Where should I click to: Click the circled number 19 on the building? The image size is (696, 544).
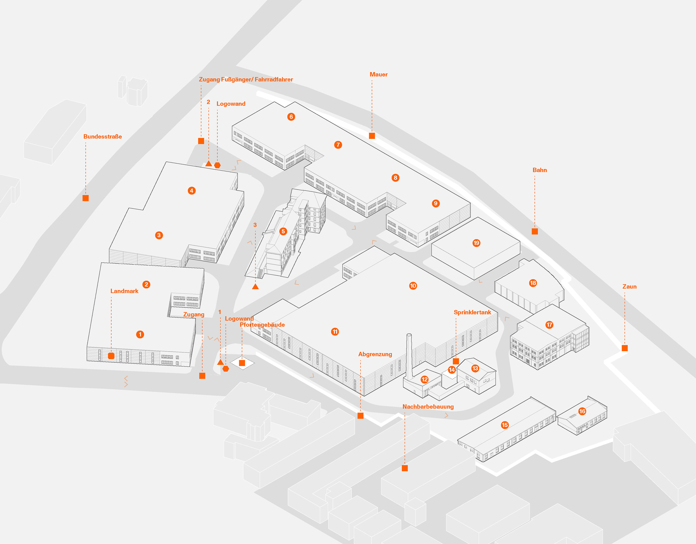pyautogui.click(x=476, y=243)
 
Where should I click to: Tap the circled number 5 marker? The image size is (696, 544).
pyautogui.click(x=283, y=231)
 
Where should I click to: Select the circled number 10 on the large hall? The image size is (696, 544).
pyautogui.click(x=413, y=286)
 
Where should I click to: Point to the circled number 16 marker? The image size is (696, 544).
pyautogui.click(x=582, y=411)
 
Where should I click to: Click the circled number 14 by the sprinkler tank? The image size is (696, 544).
pyautogui.click(x=452, y=370)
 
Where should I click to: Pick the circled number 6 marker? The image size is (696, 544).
pyautogui.click(x=291, y=117)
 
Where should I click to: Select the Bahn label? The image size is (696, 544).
pyautogui.click(x=540, y=170)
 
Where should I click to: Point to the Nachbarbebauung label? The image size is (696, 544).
pyautogui.click(x=428, y=407)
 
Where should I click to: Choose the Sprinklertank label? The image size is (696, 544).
pyautogui.click(x=472, y=312)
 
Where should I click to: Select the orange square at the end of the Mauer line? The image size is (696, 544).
pyautogui.click(x=372, y=136)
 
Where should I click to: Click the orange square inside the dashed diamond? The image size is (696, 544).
pyautogui.click(x=242, y=363)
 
